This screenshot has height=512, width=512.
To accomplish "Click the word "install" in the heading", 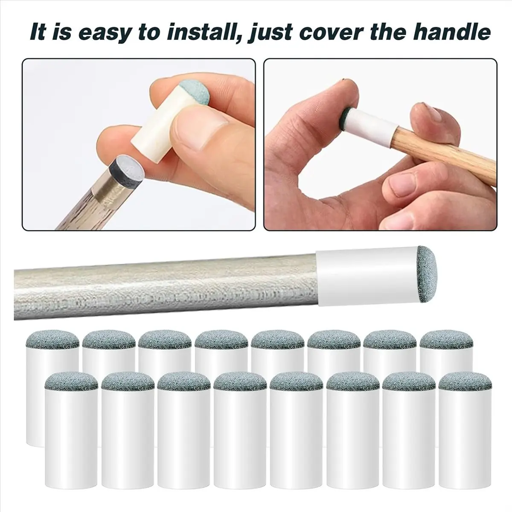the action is (x=200, y=32).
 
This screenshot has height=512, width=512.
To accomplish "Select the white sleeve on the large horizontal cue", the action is (x=367, y=277).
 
